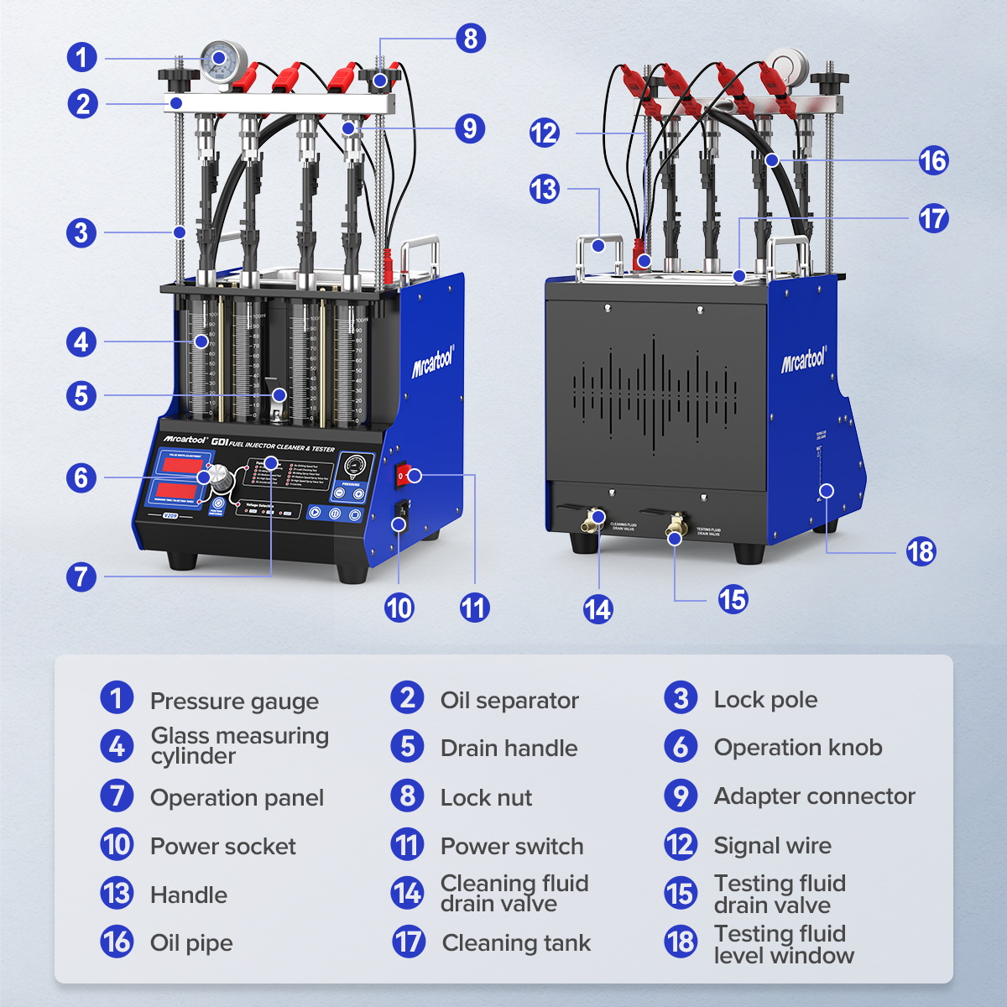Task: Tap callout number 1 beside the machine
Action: coord(81,58)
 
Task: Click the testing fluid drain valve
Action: coord(675,529)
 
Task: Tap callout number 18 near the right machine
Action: coord(921,551)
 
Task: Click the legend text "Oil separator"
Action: coord(509,700)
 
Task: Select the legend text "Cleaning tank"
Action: coord(516,943)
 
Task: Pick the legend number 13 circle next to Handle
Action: coord(117,894)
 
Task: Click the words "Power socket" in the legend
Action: coord(222,846)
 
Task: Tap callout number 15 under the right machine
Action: coord(733,599)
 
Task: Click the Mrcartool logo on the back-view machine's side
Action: coord(804,360)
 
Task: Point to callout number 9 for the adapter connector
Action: coord(470,128)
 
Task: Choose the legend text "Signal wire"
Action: coord(772,846)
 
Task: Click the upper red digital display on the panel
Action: coord(177,464)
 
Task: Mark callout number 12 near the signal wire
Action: coord(544,133)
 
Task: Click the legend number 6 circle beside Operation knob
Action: coord(681,746)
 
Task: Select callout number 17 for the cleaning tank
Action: coord(933,219)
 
